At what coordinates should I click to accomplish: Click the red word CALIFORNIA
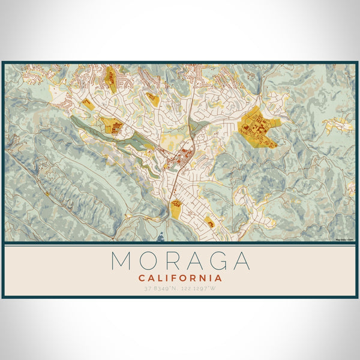[180, 278]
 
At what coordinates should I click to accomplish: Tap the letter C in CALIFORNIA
[142, 278]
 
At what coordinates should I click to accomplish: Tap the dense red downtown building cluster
[179, 159]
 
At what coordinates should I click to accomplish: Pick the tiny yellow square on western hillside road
[47, 193]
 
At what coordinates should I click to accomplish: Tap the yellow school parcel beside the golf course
[112, 125]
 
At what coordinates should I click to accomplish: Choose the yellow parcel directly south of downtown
[176, 209]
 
